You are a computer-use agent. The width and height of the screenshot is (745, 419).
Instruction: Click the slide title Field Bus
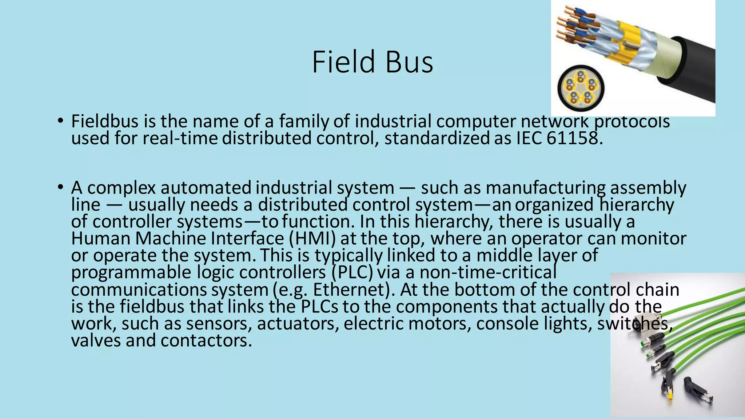(x=372, y=62)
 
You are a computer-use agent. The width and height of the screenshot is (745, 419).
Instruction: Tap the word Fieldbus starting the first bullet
(x=105, y=121)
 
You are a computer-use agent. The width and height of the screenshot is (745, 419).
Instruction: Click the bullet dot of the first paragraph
(x=60, y=121)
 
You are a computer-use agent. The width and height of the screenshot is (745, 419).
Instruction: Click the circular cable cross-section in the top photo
(x=581, y=88)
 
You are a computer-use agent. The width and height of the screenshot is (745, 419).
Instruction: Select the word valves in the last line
(x=96, y=341)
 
